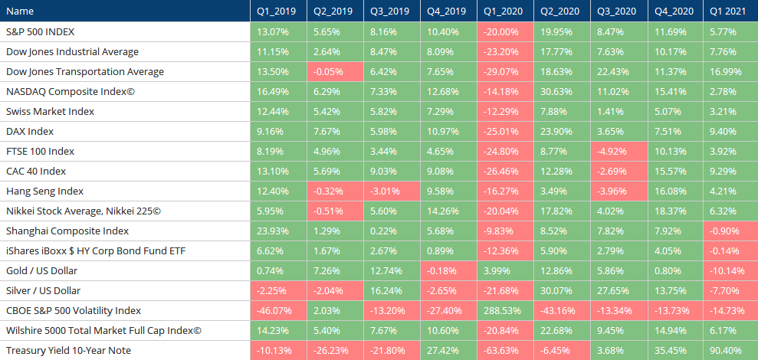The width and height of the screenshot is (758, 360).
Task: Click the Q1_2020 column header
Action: tap(505, 11)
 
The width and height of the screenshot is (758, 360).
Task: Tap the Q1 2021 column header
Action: tap(730, 11)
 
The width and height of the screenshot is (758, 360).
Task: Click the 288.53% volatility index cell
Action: tap(505, 311)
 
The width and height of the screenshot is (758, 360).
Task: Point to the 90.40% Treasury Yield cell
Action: tap(730, 350)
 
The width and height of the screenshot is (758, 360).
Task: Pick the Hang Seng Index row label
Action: tap(45, 191)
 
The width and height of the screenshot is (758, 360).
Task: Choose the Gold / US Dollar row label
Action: tap(41, 271)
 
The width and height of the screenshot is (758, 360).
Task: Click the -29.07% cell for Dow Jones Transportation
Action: tap(505, 71)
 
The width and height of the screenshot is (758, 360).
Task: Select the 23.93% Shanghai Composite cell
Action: tap(278, 231)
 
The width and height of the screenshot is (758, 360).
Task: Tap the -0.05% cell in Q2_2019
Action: tap(335, 71)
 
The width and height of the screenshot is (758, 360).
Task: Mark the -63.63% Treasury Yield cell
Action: tap(505, 350)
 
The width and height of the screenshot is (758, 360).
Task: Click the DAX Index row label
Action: tap(30, 132)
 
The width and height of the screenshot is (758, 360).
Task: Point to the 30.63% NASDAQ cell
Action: tap(562, 91)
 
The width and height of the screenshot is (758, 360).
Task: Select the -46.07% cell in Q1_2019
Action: tap(278, 311)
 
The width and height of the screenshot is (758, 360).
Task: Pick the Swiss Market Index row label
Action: tap(51, 112)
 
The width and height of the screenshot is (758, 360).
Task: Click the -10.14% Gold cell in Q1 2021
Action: tap(730, 271)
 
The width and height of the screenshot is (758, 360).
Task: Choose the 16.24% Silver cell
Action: tap(392, 291)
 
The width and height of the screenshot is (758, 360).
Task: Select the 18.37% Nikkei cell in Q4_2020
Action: tap(675, 211)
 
